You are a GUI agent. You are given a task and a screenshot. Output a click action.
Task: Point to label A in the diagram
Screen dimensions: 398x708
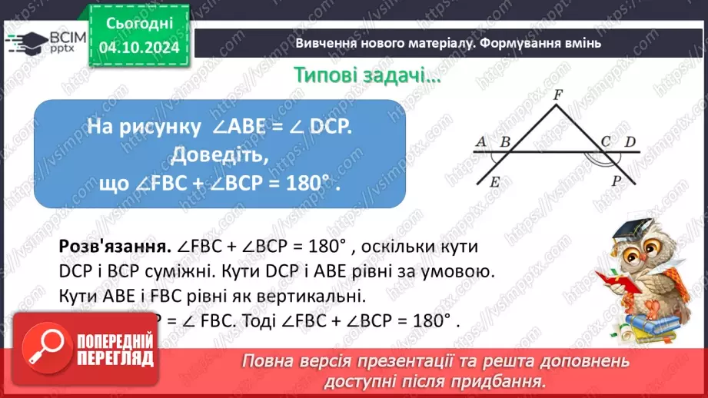coord(481,141)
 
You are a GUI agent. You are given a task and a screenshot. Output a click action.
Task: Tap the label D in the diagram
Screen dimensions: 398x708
coord(630,141)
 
